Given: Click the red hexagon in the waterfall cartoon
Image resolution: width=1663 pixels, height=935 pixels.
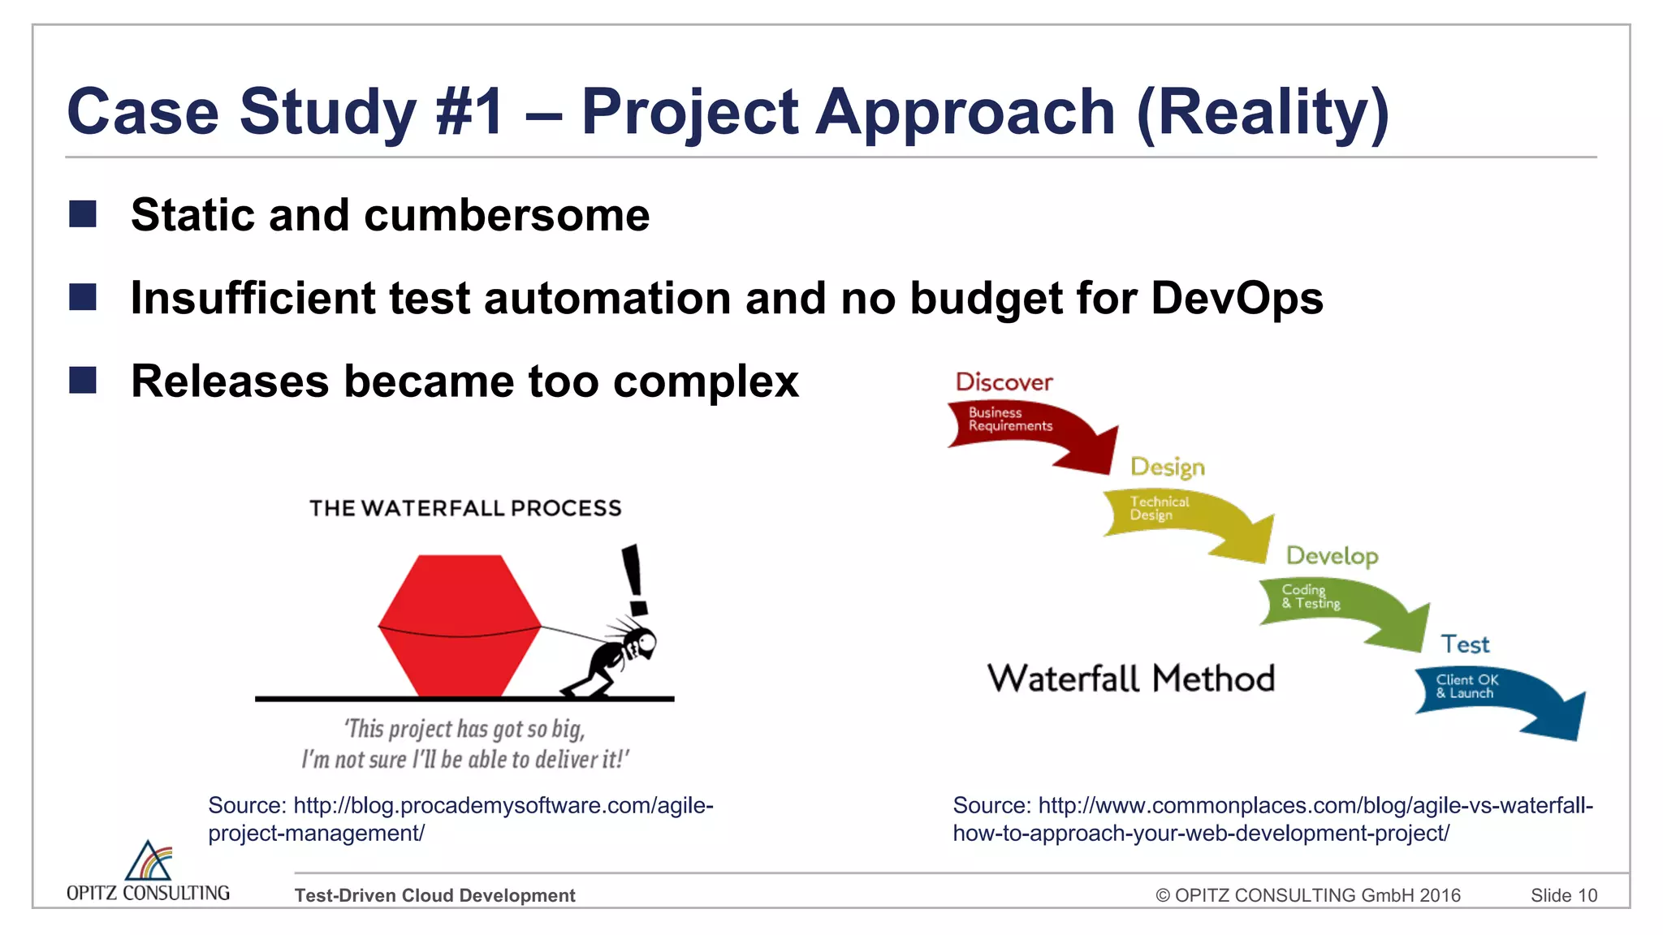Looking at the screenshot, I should click(x=460, y=625).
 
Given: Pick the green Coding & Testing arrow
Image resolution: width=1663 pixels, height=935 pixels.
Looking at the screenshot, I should click(x=1340, y=609).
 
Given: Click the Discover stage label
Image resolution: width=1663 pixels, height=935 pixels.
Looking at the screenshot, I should click(x=1004, y=382).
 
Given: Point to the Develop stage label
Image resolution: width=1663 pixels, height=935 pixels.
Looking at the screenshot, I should click(x=1332, y=556).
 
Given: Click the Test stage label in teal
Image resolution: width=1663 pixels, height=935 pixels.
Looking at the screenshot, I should click(x=1465, y=644).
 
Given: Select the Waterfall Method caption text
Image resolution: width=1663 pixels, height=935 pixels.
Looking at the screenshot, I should click(x=1130, y=679).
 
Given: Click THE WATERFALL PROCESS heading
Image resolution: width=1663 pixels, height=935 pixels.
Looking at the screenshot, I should click(x=465, y=508).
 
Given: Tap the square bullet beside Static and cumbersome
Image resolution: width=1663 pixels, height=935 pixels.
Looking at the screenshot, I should click(x=83, y=214).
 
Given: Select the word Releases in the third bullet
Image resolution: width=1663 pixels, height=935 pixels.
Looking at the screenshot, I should click(x=230, y=381).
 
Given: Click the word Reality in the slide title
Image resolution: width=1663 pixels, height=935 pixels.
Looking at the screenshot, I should click(x=1263, y=112).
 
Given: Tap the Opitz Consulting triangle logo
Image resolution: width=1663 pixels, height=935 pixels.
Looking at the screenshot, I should click(x=149, y=861).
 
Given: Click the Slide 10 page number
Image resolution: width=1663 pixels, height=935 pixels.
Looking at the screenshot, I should click(x=1563, y=895).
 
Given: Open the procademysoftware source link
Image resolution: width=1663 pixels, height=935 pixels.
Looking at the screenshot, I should click(x=460, y=818).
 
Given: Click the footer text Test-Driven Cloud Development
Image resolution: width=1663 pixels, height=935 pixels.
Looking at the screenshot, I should click(x=434, y=895).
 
